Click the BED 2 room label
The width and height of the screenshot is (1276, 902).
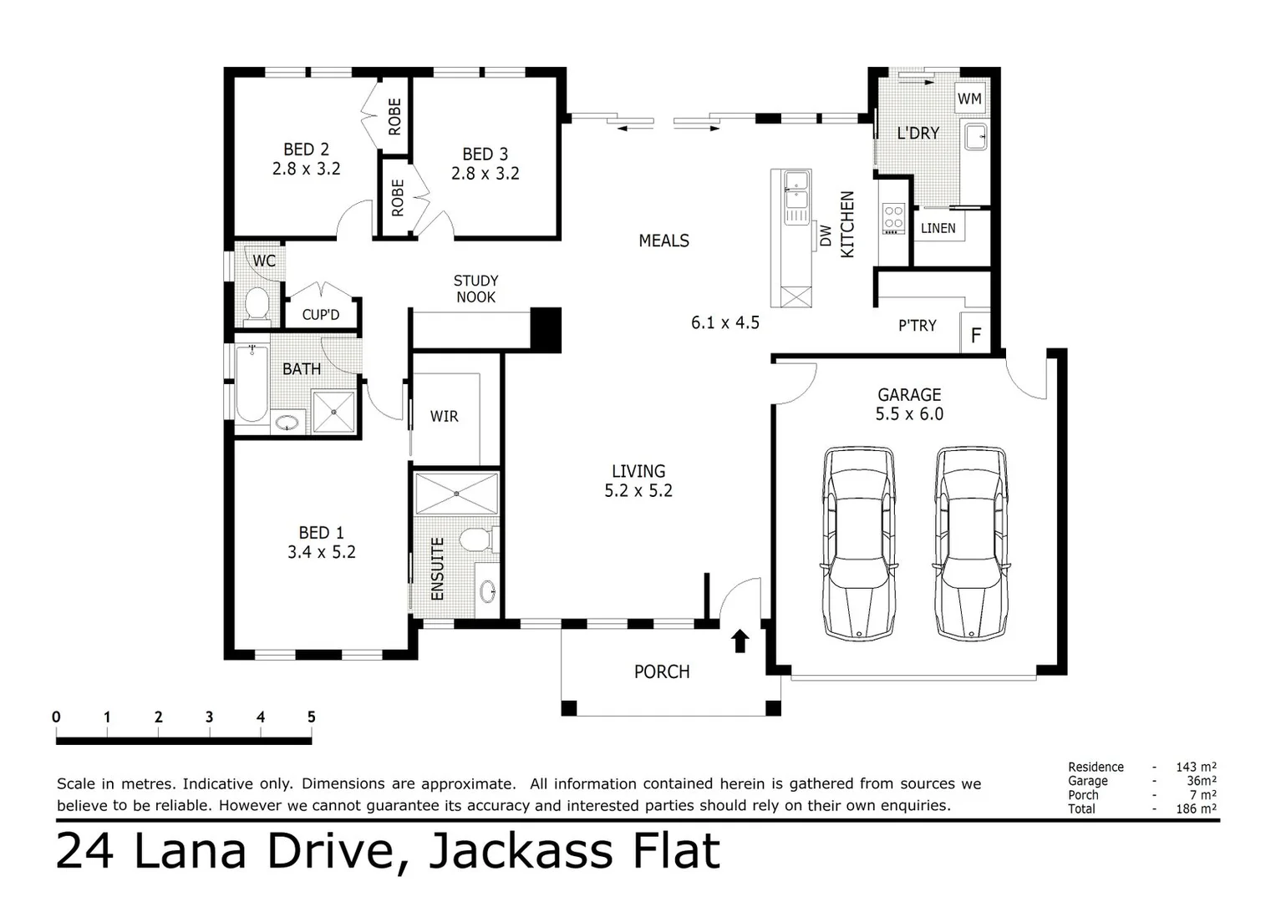point(306,149)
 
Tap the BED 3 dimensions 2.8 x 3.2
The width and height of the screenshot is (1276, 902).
point(485,174)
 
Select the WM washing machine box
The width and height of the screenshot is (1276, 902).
point(969,99)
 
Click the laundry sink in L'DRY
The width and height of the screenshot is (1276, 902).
point(975,136)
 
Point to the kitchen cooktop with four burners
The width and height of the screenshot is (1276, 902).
point(893,218)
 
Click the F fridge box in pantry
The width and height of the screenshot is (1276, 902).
point(975,337)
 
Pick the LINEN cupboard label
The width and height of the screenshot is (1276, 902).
point(938,228)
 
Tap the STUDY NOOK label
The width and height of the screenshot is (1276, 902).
point(475,289)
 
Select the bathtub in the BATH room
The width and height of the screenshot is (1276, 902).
point(251,383)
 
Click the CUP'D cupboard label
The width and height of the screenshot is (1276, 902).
point(321,315)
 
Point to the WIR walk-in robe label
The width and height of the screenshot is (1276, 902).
point(444,416)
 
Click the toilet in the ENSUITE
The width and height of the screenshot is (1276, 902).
point(478,540)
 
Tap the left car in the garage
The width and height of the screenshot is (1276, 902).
point(859,543)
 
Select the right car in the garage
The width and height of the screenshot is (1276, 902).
point(970,543)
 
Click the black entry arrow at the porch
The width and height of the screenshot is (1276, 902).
point(740,641)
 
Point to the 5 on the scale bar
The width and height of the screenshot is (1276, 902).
point(312,717)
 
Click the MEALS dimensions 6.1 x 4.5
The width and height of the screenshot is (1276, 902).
point(724,322)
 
